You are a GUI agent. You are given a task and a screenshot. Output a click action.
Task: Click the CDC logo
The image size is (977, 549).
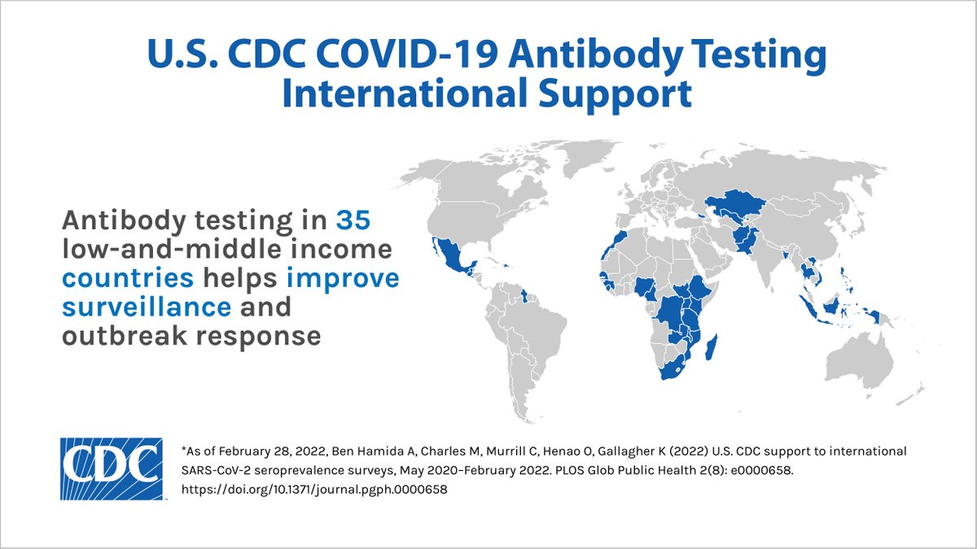click(110, 468)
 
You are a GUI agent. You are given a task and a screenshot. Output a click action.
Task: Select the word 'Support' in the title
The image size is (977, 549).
click(605, 93)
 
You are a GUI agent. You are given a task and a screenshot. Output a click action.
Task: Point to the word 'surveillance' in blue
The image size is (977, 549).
click(147, 307)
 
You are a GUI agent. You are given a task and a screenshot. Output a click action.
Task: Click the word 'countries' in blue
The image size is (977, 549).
click(129, 278)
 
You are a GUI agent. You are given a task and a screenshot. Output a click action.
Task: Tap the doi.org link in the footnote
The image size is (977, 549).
click(314, 490)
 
